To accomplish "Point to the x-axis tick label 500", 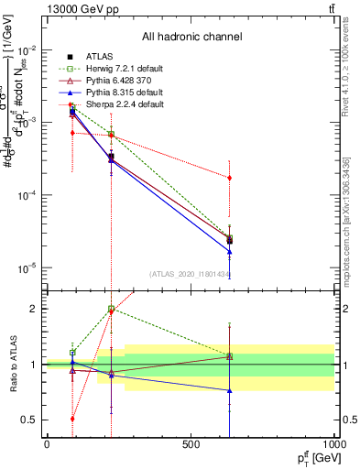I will [x=191, y=444].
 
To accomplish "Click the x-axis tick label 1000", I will [x=334, y=444].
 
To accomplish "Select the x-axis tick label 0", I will [x=47, y=444].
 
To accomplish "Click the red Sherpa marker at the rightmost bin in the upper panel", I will [x=229, y=178].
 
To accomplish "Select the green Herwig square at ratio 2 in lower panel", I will [x=112, y=309].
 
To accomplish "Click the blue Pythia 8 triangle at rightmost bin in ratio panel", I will [x=229, y=390].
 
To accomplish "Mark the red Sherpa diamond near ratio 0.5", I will [x=72, y=419].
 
